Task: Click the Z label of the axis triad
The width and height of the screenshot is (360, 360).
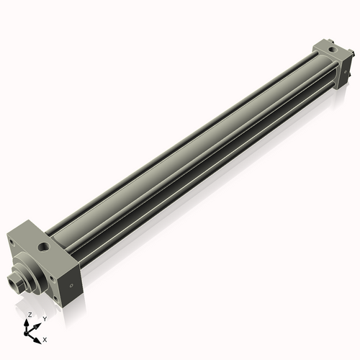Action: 30,315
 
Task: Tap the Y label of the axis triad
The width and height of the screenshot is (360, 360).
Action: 45,318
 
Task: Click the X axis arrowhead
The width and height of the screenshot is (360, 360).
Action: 38,338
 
